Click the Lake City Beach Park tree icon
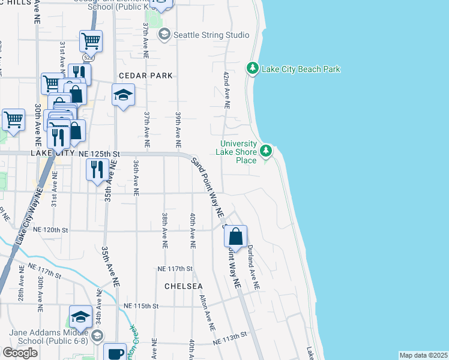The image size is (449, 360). pos(253,69)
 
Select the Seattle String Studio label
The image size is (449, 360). pos(211,35)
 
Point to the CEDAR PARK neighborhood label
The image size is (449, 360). pos(145,76)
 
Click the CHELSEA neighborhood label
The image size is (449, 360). pos(184,286)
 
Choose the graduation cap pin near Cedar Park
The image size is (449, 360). pos(123,95)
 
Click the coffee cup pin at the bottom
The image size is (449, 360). pos(115,353)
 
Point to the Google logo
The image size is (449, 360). pos(20,353)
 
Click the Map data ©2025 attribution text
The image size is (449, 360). pos(423,355)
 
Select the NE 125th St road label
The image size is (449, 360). pos(95,154)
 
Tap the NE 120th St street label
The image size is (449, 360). pos(52,230)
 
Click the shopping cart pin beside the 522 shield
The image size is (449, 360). pos(91,41)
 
